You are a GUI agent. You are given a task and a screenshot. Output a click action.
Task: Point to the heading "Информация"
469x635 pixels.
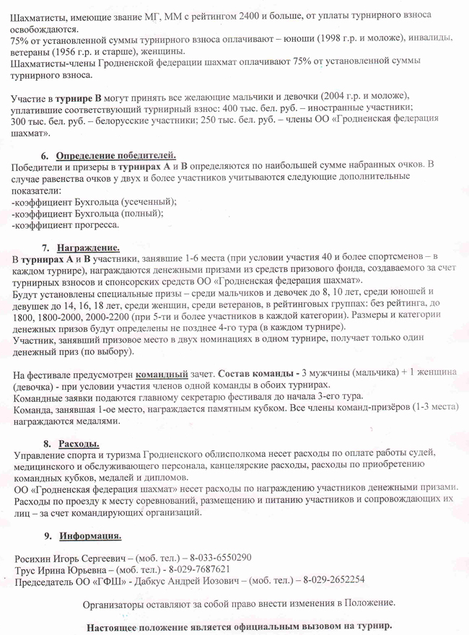(90, 536)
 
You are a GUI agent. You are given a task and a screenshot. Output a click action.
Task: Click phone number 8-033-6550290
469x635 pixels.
(220, 557)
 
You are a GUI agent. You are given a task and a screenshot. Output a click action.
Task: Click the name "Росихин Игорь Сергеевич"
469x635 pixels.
(69, 557)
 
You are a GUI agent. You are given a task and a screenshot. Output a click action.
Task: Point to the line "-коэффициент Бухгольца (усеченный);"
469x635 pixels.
(95, 202)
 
